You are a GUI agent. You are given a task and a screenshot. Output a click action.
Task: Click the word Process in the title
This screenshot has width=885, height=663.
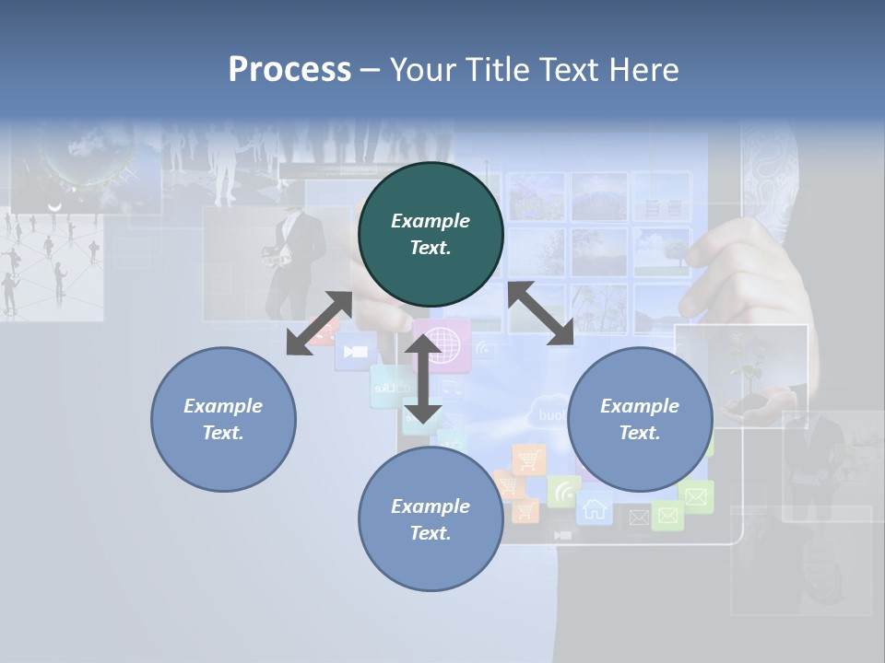coord(289,70)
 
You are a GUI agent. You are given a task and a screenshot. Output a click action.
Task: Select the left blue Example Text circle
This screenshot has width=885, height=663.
coord(223,419)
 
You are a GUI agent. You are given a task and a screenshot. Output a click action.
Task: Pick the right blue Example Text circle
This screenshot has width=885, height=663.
coord(640,419)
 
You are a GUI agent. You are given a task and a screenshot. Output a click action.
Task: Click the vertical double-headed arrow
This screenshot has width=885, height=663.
coord(423,378)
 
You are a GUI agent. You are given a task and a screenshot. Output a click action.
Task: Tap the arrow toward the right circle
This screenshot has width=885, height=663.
coord(540,314)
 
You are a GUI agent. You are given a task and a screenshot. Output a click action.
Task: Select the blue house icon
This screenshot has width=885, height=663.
coord(595,508)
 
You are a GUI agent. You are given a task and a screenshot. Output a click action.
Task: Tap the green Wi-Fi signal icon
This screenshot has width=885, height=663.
coord(562,491)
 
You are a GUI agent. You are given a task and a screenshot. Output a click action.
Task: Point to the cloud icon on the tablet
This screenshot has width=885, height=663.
coord(549,413)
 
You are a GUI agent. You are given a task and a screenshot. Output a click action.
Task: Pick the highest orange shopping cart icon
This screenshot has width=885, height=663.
coord(529,459)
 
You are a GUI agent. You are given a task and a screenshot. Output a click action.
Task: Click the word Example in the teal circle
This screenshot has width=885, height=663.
coord(431,221)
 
